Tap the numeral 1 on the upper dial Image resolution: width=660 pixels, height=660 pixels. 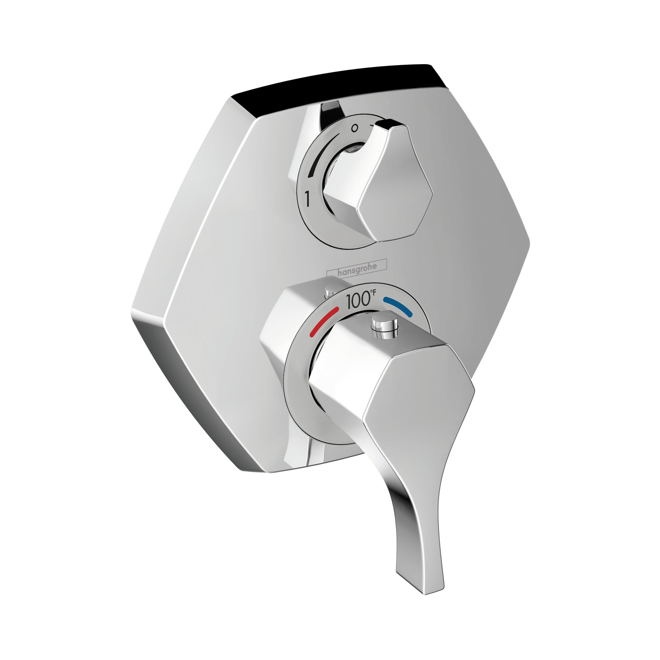308,199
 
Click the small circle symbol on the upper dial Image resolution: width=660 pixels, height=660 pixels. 355,129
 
